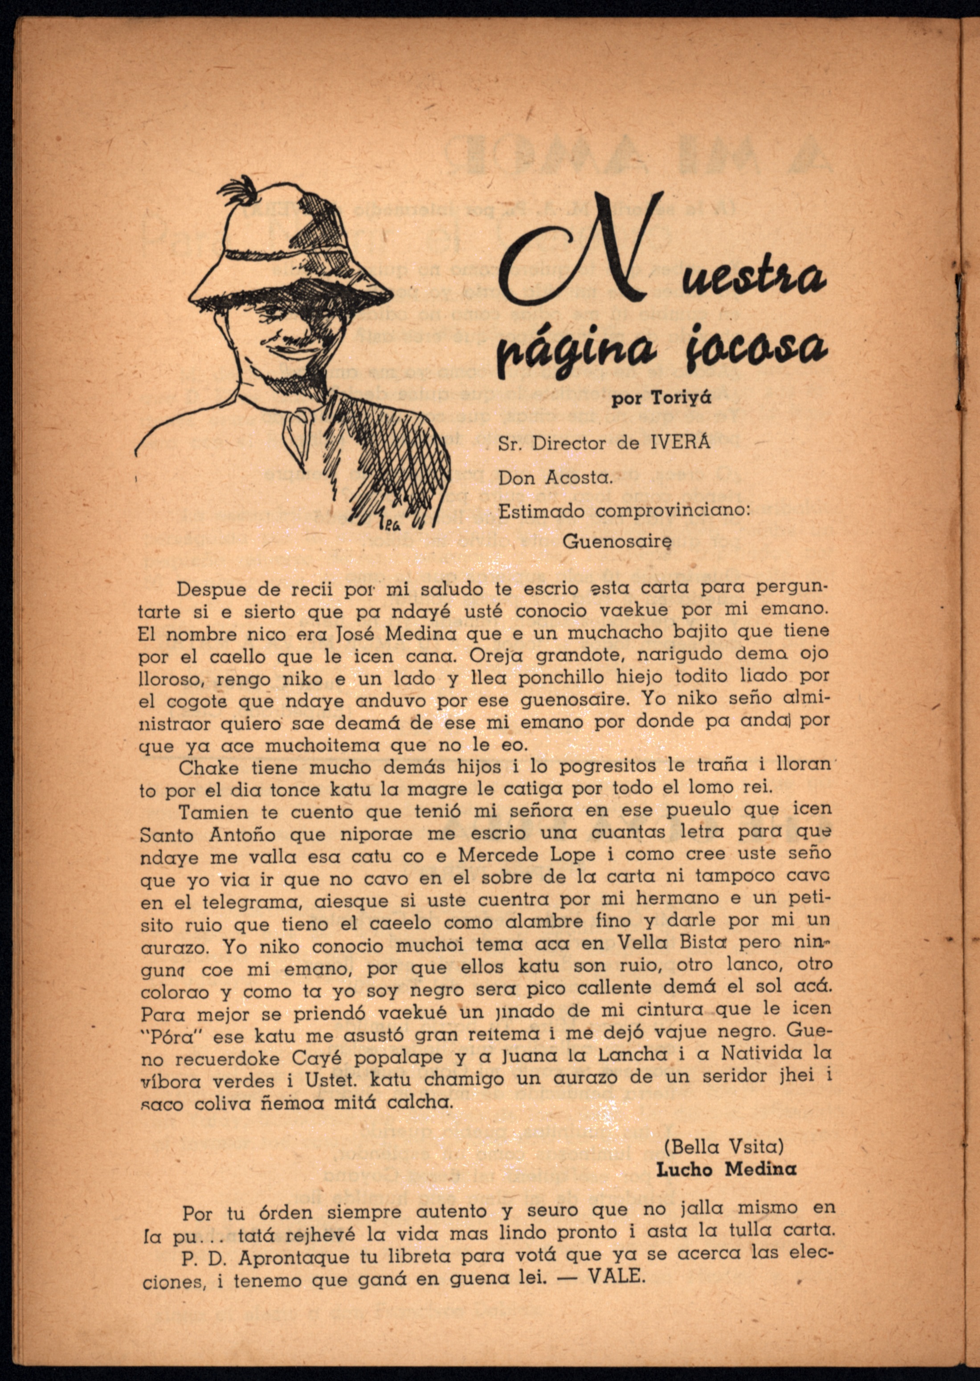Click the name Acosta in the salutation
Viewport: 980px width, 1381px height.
(579, 478)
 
